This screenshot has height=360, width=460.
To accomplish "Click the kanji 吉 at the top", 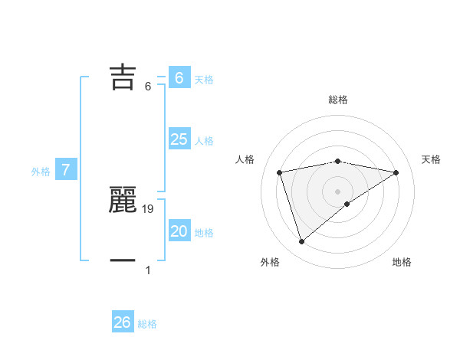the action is click(x=123, y=77).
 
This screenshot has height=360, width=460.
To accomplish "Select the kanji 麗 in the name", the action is click(x=123, y=201).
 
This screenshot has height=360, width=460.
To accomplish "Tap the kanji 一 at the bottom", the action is click(x=123, y=261).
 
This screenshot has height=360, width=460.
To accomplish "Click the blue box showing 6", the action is click(x=179, y=77).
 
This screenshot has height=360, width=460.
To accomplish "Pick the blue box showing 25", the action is click(x=179, y=139).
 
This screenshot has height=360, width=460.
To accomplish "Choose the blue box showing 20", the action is click(x=179, y=231).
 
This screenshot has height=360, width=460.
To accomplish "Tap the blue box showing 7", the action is click(x=66, y=169).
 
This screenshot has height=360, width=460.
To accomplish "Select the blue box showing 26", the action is click(x=122, y=322).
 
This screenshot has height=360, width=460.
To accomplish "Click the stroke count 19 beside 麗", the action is click(x=149, y=208).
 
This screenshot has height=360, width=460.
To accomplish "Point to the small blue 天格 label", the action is click(x=204, y=80).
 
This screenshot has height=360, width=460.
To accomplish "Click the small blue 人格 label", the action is click(x=204, y=141).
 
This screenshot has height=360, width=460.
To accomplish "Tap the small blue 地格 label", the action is click(x=204, y=233).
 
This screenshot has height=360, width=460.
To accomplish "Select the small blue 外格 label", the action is click(x=41, y=172).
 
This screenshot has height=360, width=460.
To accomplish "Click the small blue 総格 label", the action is click(x=147, y=325).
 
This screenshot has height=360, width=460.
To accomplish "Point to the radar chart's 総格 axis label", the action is click(x=338, y=100).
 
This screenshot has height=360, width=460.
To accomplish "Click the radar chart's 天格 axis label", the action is click(x=432, y=159).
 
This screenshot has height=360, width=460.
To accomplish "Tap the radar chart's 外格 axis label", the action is click(x=270, y=262).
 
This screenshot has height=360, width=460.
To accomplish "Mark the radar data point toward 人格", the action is click(x=280, y=172).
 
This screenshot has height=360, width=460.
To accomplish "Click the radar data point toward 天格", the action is click(x=396, y=172).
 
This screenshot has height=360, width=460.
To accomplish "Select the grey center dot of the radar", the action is click(x=338, y=191).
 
